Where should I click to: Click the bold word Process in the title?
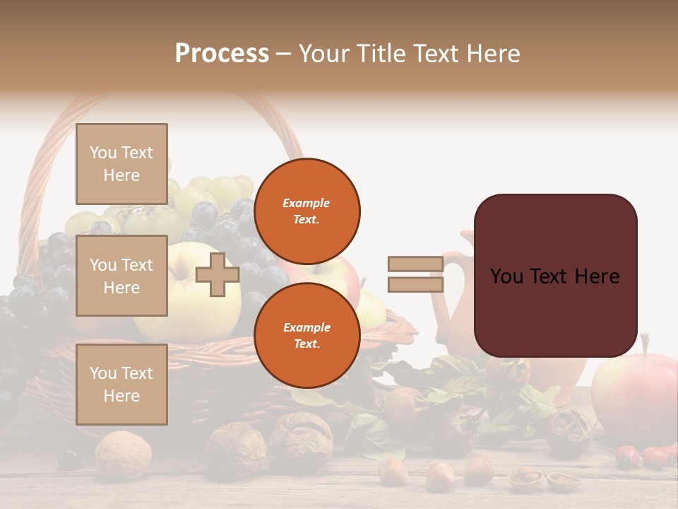(222, 54)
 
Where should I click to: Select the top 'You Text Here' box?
(121, 164)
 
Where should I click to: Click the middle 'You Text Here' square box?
(121, 276)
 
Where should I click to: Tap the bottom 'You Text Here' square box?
(121, 384)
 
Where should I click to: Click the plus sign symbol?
(217, 274)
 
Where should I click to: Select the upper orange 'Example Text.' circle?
(307, 211)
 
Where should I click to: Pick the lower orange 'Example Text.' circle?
(307, 335)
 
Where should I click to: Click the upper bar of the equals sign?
(415, 264)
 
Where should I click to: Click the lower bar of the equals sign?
(415, 284)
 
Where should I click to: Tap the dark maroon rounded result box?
(555, 276)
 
